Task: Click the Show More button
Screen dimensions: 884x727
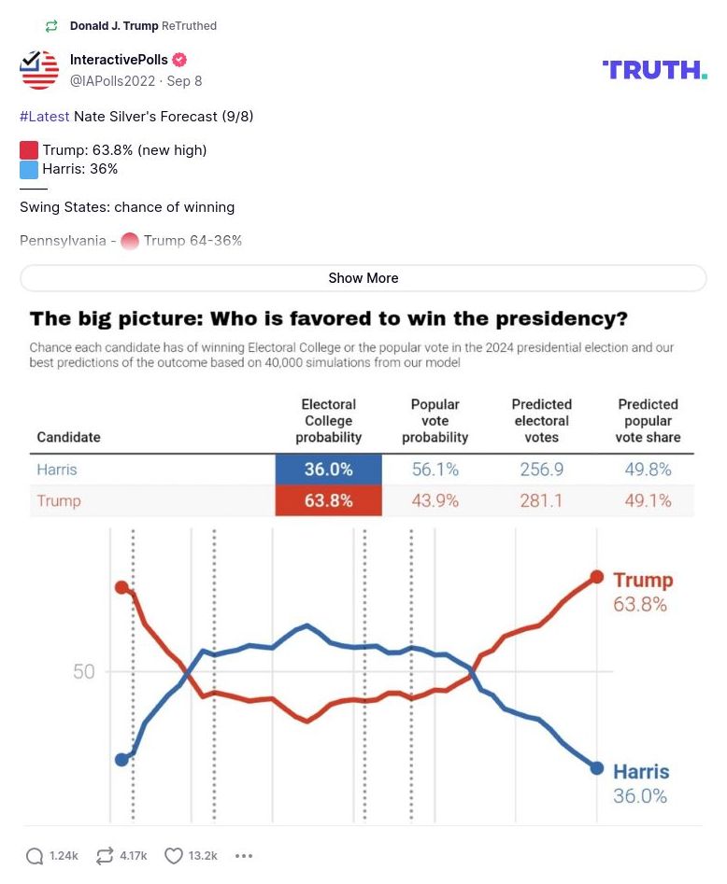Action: (363, 278)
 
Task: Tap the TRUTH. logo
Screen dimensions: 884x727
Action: (654, 69)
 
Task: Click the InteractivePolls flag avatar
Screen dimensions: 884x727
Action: (39, 70)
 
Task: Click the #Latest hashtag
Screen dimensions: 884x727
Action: (44, 117)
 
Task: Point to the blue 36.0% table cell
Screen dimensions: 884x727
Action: (328, 470)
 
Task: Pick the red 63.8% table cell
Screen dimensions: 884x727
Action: (328, 500)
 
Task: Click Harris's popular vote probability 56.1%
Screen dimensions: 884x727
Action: (435, 470)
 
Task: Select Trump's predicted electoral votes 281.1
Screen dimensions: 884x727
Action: (541, 500)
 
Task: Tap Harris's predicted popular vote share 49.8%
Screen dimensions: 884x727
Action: (648, 470)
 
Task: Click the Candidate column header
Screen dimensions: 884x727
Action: (68, 437)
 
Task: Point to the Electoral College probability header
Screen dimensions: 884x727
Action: (328, 420)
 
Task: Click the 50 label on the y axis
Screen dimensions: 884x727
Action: (84, 672)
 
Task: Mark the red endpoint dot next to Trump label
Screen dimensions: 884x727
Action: (597, 577)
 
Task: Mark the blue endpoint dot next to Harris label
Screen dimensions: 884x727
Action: (597, 768)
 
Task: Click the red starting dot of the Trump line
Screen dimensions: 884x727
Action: (121, 587)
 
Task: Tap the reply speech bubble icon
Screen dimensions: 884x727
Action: (35, 856)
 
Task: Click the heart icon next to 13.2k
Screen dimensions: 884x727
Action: (173, 856)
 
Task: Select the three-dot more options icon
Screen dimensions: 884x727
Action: (244, 856)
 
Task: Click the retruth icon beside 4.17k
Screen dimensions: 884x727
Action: (105, 856)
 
